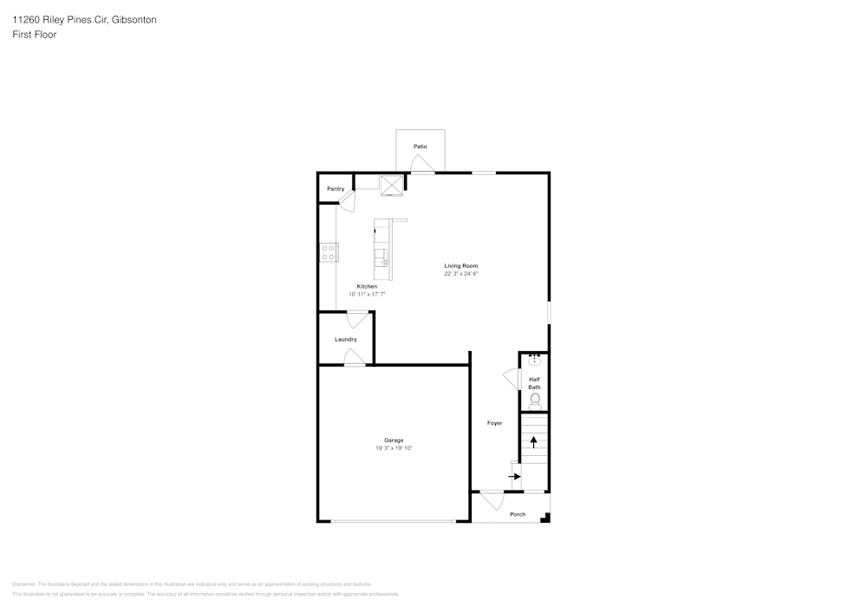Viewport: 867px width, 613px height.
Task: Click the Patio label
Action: (420, 147)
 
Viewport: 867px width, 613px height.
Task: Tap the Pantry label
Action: (336, 189)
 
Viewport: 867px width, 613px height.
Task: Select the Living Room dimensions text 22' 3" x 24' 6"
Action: (461, 274)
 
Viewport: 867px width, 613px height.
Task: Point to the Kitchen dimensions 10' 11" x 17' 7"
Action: (367, 295)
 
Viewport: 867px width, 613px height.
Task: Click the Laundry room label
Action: (346, 339)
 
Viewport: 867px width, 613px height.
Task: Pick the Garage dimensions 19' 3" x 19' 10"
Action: (394, 448)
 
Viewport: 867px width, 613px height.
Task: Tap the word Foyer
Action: (494, 423)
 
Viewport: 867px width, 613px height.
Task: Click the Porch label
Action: (518, 514)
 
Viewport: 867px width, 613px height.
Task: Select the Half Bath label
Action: (534, 382)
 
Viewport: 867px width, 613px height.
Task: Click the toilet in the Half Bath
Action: (535, 400)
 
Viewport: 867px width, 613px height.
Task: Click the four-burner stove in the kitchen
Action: (329, 252)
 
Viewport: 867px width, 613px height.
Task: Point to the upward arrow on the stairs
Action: (534, 441)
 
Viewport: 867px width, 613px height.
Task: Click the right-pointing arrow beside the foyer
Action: (515, 476)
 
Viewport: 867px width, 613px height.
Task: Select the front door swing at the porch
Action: (492, 500)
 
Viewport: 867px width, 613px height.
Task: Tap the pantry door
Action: (347, 201)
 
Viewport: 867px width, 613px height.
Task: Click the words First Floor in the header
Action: (35, 35)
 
